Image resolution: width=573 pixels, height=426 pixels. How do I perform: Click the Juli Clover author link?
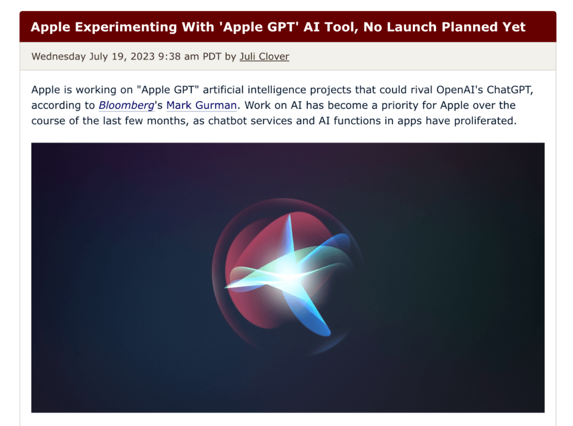[264, 56]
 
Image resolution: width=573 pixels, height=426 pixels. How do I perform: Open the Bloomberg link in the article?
[126, 105]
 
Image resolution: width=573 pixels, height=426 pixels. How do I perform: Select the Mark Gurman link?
[202, 105]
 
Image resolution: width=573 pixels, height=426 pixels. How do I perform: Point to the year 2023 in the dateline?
[143, 56]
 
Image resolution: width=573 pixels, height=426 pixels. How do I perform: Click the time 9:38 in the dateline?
[169, 56]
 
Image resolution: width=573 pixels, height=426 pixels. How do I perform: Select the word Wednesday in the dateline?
[58, 56]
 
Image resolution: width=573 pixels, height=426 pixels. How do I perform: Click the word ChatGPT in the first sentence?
[510, 90]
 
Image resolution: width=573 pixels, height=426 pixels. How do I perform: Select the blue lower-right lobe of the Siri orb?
[310, 315]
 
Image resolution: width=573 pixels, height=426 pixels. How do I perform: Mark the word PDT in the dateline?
[212, 56]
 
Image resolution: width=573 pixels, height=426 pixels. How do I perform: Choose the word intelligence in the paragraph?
[277, 90]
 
